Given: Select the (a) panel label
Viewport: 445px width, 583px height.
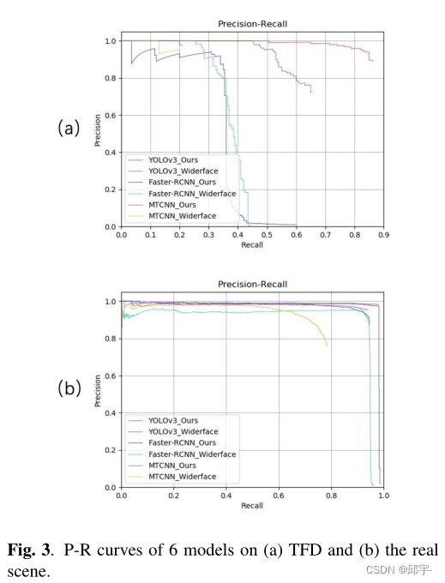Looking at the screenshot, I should pos(69,129).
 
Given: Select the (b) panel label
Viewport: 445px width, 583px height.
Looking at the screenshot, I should pos(69,388).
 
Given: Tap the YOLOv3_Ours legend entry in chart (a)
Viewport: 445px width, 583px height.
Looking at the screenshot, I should pos(172,159).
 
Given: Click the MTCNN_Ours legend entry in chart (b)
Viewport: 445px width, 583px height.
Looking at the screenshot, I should pos(172,466).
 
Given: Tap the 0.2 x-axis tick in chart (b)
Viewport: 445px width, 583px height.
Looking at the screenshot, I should pos(173,495).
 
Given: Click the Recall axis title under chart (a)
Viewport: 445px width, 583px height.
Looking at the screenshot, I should pos(252,244).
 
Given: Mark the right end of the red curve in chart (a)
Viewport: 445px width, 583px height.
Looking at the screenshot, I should pos(373,61).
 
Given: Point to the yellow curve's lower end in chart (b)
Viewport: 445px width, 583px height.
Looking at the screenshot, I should pos(327,346).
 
